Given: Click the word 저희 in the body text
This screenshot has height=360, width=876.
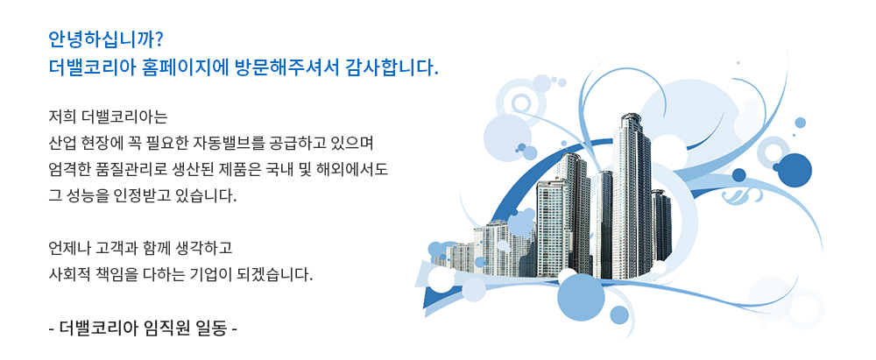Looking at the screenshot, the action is coord(61,118).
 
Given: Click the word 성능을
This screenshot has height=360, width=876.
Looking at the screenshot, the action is coord(83,196).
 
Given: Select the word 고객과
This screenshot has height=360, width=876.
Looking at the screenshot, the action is coord(113,246).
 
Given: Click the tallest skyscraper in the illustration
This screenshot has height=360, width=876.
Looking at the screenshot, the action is coord(632,195).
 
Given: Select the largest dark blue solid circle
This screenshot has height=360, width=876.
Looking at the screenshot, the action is coord(794,169).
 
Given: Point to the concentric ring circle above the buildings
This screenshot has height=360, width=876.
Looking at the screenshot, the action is coord(520,102).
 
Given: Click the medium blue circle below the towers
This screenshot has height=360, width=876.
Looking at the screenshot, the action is coord(582,296).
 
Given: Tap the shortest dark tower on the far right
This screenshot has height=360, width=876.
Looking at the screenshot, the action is coord(661,225).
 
